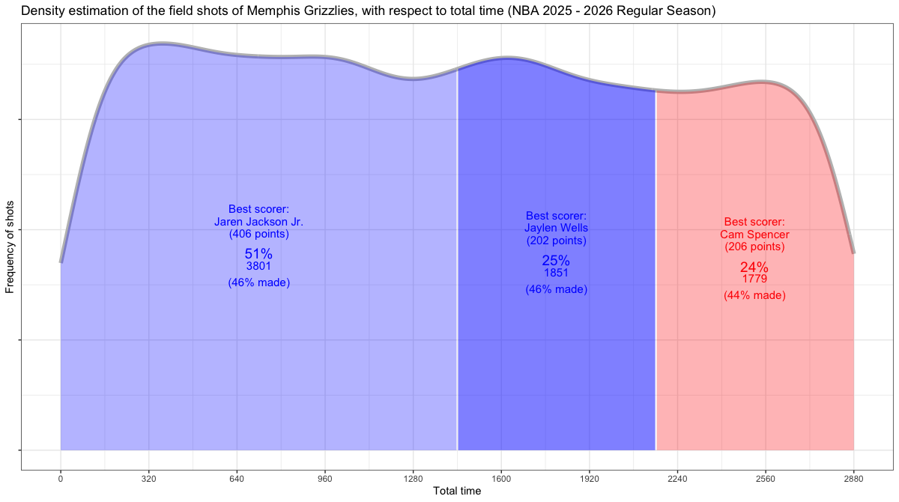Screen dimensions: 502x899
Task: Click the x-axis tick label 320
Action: [x=148, y=478]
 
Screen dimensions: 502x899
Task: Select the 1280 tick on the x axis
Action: [x=413, y=478]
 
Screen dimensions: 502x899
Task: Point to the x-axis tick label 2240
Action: [x=677, y=478]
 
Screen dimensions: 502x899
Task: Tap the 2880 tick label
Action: [x=853, y=478]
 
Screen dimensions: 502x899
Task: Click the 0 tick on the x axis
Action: [x=61, y=478]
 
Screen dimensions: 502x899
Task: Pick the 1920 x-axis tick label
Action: [x=590, y=478]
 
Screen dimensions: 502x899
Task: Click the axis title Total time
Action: [x=457, y=492]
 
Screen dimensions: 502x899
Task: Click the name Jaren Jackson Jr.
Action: [x=258, y=222]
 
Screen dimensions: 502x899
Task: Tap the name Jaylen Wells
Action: [x=556, y=229]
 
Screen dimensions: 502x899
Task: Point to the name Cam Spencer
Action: [x=754, y=235]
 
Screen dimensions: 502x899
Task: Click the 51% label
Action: [x=258, y=254]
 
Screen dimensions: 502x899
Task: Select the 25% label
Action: [x=556, y=261]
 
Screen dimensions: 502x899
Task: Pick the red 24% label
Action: [x=754, y=267]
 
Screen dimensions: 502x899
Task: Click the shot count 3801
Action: [x=258, y=266]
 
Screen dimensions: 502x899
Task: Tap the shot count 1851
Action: [x=556, y=273]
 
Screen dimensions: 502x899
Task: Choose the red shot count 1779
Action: [x=754, y=279]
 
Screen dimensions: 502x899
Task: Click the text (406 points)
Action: [x=258, y=234]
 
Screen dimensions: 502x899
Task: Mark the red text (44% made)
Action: [x=754, y=296]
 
